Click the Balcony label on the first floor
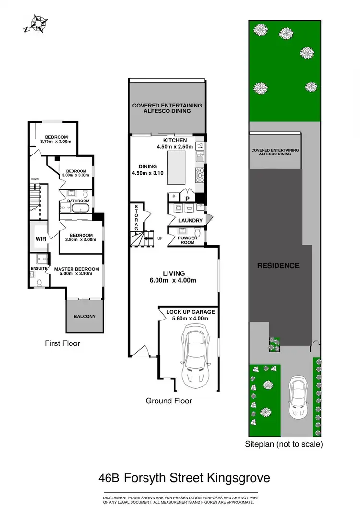click(84, 316)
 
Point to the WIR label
click(40, 238)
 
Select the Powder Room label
click(188, 240)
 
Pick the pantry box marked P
click(187, 197)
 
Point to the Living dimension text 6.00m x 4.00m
click(174, 281)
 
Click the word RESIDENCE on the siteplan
click(278, 265)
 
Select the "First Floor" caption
click(62, 343)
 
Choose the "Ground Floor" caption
click(169, 401)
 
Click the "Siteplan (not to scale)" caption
click(284, 444)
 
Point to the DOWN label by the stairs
click(34, 179)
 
